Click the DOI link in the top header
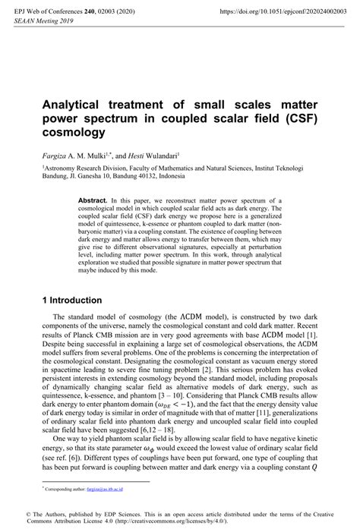278,12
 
